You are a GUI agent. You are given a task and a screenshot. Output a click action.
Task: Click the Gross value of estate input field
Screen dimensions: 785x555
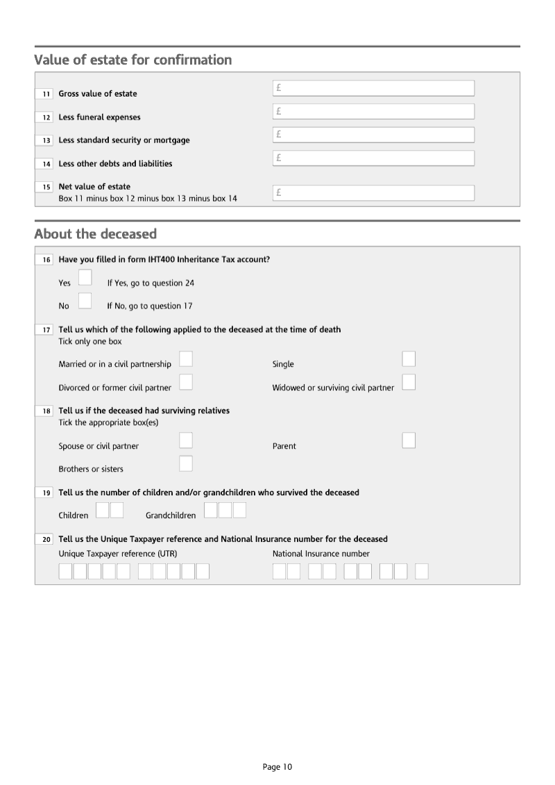coord(373,88)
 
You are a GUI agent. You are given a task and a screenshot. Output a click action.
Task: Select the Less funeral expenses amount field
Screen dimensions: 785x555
coord(373,111)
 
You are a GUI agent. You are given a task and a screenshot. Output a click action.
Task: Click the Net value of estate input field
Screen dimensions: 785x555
coord(373,193)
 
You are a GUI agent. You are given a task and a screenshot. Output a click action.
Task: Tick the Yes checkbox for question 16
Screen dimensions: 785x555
coord(85,278)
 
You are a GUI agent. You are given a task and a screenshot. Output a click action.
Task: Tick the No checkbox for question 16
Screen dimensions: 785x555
coord(85,301)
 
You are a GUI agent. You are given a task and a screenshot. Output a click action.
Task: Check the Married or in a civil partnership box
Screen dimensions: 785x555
coord(186,358)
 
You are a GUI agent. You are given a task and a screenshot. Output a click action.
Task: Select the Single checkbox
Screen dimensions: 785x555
coord(409,358)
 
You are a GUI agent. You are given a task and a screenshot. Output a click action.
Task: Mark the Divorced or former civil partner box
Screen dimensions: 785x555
coord(186,382)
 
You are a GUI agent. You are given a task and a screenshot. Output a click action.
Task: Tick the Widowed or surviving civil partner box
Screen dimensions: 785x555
coord(409,382)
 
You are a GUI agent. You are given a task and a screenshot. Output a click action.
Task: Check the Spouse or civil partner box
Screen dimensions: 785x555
coord(186,440)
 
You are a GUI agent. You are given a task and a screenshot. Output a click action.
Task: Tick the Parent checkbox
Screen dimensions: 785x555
coord(409,440)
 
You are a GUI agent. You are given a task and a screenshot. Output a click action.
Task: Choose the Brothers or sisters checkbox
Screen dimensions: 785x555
coord(186,463)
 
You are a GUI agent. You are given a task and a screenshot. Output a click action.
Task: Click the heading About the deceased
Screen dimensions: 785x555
coord(96,233)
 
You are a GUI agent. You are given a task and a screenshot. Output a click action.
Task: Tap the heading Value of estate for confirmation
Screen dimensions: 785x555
coord(133,60)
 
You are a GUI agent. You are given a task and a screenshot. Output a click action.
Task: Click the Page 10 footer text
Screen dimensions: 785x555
coord(277,767)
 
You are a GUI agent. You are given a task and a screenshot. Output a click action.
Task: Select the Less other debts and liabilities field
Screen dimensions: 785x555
coord(373,158)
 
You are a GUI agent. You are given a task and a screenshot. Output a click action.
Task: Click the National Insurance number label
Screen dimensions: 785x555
coord(321,554)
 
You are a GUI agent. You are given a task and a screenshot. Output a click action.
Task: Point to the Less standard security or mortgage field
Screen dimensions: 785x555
coord(373,135)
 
